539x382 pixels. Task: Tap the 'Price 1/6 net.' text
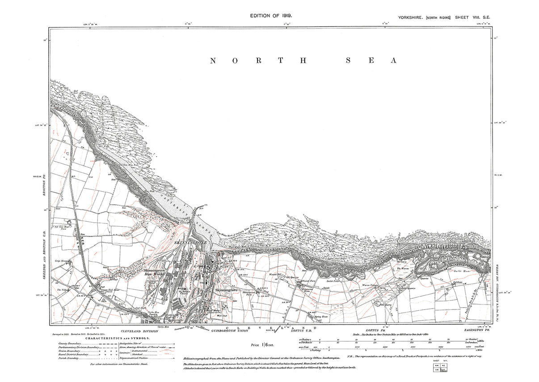click(x=263, y=345)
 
